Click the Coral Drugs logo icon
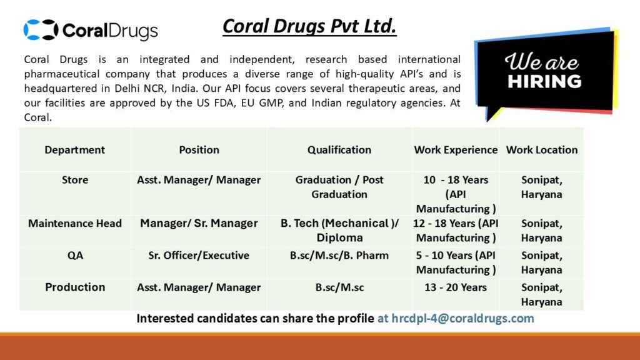[41, 29]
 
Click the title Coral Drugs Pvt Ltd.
[309, 27]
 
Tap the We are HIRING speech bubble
[543, 72]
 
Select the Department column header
[75, 150]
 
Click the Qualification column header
[339, 150]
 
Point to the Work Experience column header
[456, 150]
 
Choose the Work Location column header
[541, 150]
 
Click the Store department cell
[75, 180]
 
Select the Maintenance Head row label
[75, 223]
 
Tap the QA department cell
[75, 255]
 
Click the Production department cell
[75, 287]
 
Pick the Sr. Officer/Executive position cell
[199, 255]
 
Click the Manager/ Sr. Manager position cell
[199, 223]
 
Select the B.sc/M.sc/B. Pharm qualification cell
[339, 255]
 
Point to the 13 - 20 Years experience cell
[456, 287]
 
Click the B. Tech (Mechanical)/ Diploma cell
[339, 230]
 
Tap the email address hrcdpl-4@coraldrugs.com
[455, 318]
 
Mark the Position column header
[199, 150]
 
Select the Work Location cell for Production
[541, 294]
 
